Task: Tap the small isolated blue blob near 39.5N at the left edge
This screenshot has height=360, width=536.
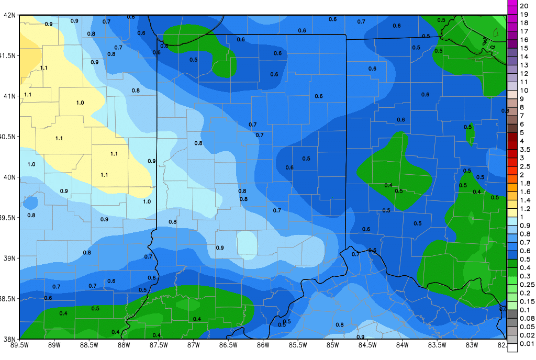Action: point(30,202)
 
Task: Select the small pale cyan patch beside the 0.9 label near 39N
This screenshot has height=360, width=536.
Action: point(247,243)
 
